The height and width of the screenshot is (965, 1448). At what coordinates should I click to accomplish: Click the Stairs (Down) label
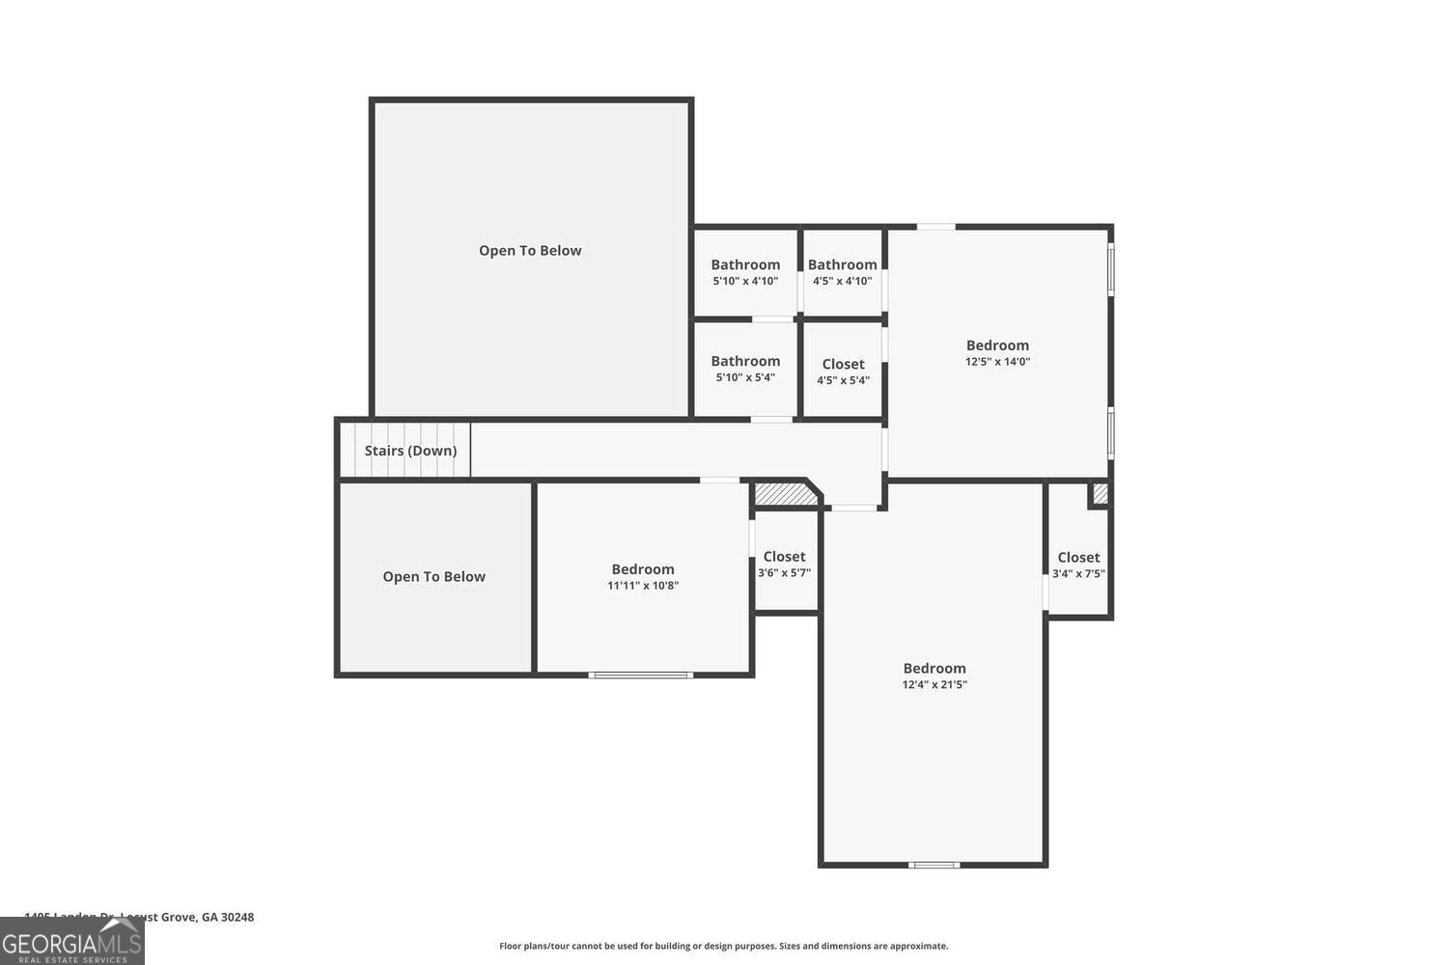point(410,451)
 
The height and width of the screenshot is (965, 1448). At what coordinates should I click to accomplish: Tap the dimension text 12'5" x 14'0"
point(997,362)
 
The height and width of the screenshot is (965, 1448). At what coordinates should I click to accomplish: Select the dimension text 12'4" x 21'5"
point(933,685)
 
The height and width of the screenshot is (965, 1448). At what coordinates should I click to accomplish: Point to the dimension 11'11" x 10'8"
point(642,586)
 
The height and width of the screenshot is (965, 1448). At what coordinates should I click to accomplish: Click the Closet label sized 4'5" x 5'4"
point(843,364)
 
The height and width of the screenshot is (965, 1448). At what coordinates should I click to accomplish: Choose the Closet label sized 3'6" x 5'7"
point(784,557)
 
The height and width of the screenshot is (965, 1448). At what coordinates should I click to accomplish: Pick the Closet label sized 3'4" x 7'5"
point(1078,557)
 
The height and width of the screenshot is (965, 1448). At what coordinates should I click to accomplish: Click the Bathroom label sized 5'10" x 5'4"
point(745,361)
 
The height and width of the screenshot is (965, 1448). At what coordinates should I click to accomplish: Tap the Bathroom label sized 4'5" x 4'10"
point(842,264)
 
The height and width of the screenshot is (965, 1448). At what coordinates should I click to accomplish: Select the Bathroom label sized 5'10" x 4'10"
point(745,264)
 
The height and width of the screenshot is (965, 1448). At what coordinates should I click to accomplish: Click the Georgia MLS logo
point(71,941)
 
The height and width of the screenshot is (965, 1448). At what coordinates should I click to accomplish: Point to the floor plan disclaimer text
point(723,947)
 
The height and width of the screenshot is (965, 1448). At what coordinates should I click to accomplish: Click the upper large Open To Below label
point(530,251)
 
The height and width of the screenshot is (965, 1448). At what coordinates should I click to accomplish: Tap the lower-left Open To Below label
point(433,577)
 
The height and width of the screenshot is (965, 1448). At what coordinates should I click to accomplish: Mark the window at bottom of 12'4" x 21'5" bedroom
point(933,865)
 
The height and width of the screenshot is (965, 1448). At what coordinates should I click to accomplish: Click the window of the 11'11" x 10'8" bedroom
point(640,675)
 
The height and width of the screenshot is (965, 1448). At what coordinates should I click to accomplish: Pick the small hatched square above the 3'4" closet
point(1100,494)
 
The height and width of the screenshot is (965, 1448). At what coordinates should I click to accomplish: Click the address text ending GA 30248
point(139,917)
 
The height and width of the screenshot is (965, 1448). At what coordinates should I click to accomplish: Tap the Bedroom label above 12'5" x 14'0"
point(997,345)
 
